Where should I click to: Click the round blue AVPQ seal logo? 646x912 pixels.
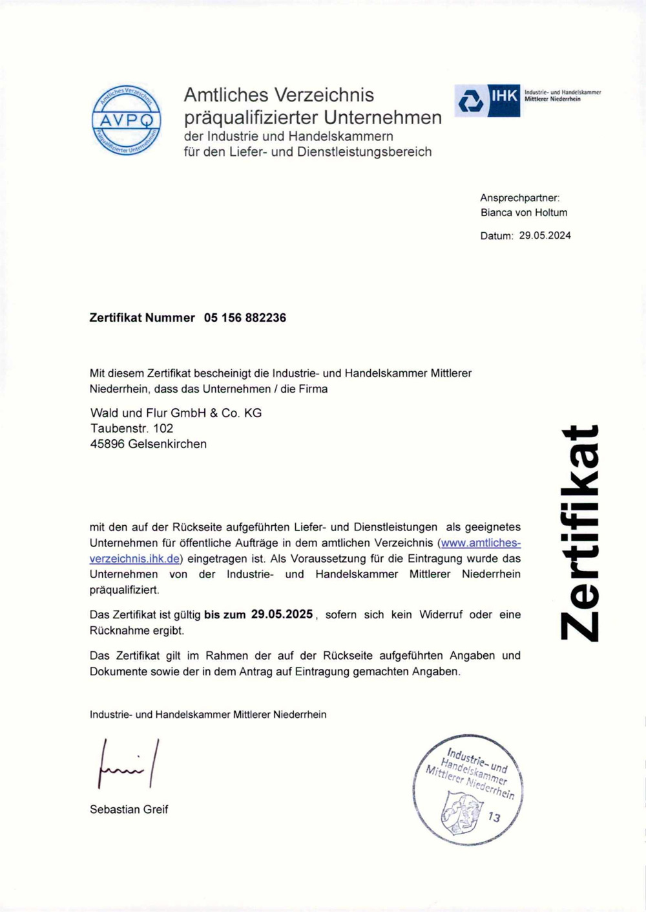pos(126,120)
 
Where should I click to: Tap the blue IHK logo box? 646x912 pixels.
pos(487,101)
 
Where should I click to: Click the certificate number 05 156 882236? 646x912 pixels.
pos(245,318)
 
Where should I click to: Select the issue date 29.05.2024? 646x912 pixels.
pos(545,235)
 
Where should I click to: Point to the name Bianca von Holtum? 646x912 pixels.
pos(524,212)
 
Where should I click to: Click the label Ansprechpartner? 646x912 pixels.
pos(519,198)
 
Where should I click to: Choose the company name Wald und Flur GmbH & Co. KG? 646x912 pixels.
pos(176,413)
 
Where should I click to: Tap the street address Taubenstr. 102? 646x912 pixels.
pos(132,428)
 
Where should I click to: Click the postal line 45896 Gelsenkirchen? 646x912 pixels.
pos(149,444)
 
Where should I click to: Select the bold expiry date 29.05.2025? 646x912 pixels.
pos(282,614)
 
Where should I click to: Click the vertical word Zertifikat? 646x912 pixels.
pos(579,533)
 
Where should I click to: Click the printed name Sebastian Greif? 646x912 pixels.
pos(129,809)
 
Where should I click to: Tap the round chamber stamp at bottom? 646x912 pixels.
pos(468,790)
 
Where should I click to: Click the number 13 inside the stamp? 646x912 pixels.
pos(494,817)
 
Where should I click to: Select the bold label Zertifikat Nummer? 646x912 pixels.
pos(142,318)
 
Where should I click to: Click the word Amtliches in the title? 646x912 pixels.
pos(226,94)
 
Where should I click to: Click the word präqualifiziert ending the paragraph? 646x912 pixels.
pos(124,590)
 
